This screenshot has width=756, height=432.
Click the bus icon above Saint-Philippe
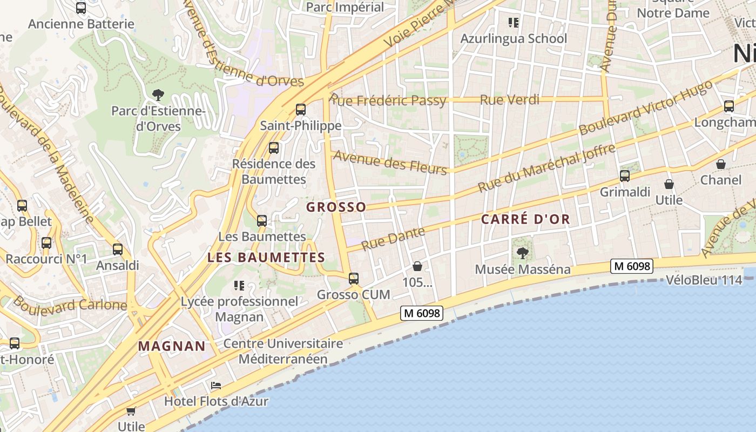(301, 110)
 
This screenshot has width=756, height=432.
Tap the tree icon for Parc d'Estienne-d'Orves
(158, 96)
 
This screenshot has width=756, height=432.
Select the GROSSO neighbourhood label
(336, 207)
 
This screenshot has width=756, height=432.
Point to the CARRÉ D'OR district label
(525, 219)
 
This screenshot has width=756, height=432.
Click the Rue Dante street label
(393, 239)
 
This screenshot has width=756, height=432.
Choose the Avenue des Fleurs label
(390, 162)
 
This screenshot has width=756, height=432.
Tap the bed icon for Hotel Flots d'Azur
(216, 386)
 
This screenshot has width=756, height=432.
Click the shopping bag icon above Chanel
(721, 164)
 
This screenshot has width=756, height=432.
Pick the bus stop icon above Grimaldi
(625, 175)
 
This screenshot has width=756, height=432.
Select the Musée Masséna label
(522, 269)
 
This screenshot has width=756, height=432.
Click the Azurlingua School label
(514, 38)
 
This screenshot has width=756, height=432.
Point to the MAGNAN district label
(172, 346)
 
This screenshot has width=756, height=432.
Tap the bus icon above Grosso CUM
(354, 279)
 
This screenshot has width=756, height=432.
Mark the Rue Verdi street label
(509, 99)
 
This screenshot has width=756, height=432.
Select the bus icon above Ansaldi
(118, 249)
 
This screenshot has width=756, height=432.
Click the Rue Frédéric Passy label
(388, 100)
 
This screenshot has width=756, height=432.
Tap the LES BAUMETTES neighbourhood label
(266, 258)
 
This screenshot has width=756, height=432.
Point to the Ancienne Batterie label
(81, 24)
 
